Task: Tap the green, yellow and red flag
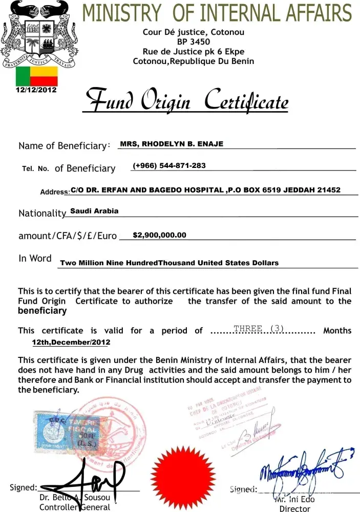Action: coord(36,76)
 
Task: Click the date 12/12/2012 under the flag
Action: coord(36,90)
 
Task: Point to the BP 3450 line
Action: coord(193,42)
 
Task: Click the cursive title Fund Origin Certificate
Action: coord(187,101)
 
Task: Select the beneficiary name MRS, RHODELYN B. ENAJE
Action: coord(172,144)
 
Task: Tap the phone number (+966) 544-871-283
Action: coord(169,166)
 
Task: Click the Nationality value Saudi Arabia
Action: coord(94,211)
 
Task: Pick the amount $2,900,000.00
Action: coord(159,236)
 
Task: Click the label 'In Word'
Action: coord(35,259)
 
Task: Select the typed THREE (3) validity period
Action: coord(258,329)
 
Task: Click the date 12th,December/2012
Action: coord(71,342)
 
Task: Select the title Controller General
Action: coord(75,507)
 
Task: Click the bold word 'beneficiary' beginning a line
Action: coord(43,311)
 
